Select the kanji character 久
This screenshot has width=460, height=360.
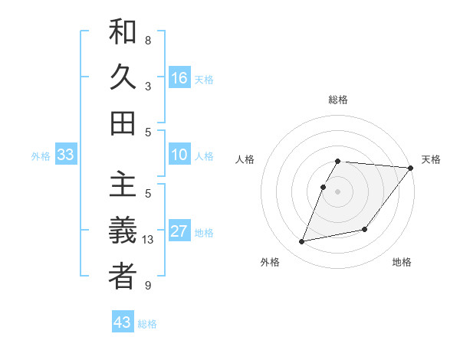tap(122, 78)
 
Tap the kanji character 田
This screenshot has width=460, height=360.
tap(122, 123)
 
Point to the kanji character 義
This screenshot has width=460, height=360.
tap(122, 231)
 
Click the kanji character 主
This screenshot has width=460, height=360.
tap(122, 186)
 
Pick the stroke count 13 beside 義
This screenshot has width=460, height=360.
tap(149, 240)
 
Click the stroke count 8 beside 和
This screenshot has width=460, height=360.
tap(148, 40)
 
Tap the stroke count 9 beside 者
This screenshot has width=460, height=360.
tap(148, 286)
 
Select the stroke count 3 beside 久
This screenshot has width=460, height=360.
tap(148, 87)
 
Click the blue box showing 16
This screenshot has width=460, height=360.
tap(179, 78)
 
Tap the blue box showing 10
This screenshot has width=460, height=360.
tap(179, 155)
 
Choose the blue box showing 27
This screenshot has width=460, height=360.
tap(179, 231)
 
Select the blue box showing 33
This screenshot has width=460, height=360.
tap(65, 155)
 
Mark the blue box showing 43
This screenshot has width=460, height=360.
tap(123, 322)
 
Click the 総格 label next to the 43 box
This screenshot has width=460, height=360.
tap(147, 324)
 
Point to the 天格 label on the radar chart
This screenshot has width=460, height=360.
tap(431, 159)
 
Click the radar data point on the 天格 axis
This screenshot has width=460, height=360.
tap(410, 169)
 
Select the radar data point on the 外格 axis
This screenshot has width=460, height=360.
tap(302, 241)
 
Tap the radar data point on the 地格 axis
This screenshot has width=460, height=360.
tap(365, 229)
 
